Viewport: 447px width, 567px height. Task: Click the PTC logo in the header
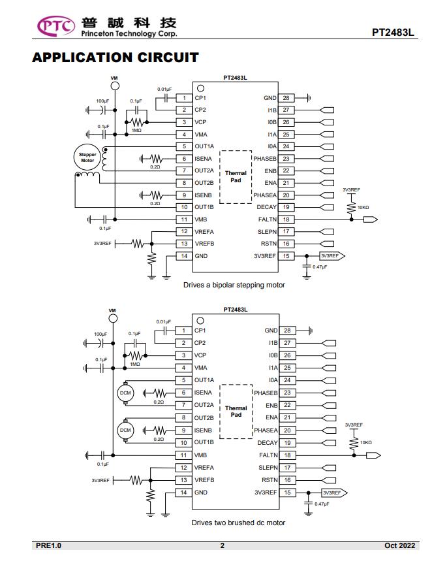[x=56, y=26]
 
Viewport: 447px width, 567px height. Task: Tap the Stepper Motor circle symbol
[x=87, y=157]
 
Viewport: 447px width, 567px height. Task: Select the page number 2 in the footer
[x=223, y=545]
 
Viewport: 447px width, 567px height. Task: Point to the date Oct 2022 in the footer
[x=399, y=545]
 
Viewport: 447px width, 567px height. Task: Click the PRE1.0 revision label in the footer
[x=48, y=545]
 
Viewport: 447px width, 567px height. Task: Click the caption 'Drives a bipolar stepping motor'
[x=234, y=285]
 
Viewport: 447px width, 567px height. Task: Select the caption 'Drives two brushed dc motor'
[x=238, y=523]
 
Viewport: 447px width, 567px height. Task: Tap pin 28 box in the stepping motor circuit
[x=286, y=98]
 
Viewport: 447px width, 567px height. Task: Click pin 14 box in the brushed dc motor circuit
[x=183, y=493]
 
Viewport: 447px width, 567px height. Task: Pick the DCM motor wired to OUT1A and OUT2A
[x=125, y=393]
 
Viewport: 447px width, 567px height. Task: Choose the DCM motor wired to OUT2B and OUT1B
[x=125, y=430]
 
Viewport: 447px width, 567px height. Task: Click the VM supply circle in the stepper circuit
[x=115, y=86]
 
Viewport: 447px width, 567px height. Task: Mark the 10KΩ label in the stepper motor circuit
[x=363, y=208]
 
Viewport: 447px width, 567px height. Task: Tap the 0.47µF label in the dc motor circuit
[x=322, y=504]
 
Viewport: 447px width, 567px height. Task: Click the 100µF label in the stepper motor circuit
[x=102, y=101]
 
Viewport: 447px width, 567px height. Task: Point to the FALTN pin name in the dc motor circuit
[x=268, y=455]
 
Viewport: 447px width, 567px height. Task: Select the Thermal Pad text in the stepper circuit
[x=236, y=176]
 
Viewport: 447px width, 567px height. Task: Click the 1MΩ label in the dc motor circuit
[x=135, y=364]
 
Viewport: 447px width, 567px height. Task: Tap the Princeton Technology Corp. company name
[x=129, y=33]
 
